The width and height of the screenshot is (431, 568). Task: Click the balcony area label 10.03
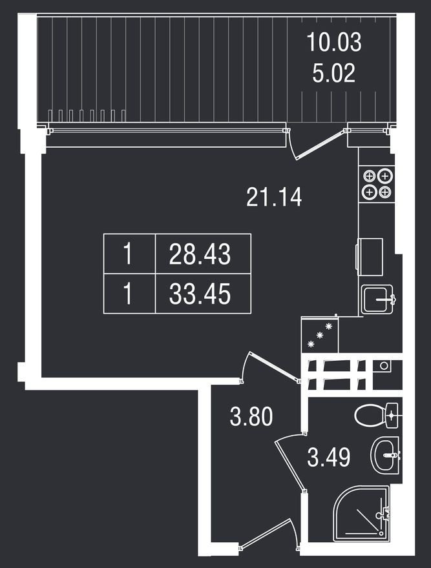(334, 43)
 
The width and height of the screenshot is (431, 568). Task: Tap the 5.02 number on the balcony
(334, 74)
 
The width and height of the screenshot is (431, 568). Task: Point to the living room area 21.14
(274, 196)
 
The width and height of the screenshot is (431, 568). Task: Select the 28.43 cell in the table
(200, 254)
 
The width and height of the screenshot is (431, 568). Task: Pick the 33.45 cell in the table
(200, 295)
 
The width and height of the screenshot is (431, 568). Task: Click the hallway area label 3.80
(251, 416)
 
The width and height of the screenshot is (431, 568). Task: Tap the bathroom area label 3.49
(329, 458)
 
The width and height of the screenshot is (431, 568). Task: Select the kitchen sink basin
(377, 299)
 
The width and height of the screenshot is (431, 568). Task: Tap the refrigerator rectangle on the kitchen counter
(370, 256)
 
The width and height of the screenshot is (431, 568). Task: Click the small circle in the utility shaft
(384, 366)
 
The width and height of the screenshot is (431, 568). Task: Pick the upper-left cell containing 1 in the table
(129, 254)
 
